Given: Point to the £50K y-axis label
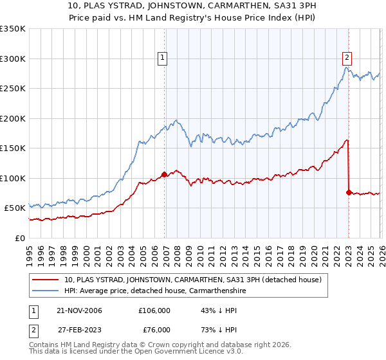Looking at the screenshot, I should click(x=15, y=208).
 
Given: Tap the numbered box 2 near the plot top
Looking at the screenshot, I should click(x=347, y=56).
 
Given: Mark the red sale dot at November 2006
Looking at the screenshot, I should click(x=164, y=174).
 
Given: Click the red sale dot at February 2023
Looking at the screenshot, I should click(x=349, y=192).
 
